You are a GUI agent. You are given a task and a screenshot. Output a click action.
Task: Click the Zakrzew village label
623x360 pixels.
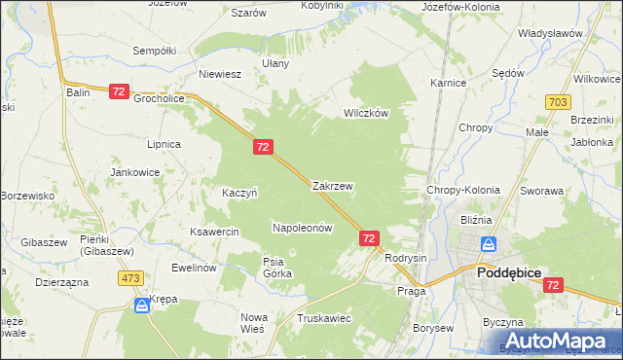point(332,185)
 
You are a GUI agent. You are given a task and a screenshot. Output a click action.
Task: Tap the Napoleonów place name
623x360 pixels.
point(302,227)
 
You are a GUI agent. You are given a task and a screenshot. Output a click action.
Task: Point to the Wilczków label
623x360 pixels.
point(365,113)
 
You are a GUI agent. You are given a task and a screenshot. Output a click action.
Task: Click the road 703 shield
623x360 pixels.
point(558,101)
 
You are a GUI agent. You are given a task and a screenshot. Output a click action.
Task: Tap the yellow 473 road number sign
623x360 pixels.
point(131,278)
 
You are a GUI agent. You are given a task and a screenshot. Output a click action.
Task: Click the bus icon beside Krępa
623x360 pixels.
point(142,305)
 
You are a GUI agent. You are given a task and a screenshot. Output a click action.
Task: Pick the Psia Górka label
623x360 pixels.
point(273,268)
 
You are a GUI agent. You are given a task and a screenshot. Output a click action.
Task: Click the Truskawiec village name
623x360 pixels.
point(325,318)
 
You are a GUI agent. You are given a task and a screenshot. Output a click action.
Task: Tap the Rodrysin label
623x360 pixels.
point(406,258)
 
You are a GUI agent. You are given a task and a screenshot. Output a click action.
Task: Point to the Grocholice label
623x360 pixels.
point(160,98)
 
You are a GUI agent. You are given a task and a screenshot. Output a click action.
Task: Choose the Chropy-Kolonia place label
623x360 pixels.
point(463,191)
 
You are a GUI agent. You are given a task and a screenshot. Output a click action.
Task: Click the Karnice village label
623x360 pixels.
point(448,83)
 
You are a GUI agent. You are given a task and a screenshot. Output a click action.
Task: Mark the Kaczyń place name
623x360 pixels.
point(238,193)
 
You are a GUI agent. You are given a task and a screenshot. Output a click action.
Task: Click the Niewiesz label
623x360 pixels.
point(220,73)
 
